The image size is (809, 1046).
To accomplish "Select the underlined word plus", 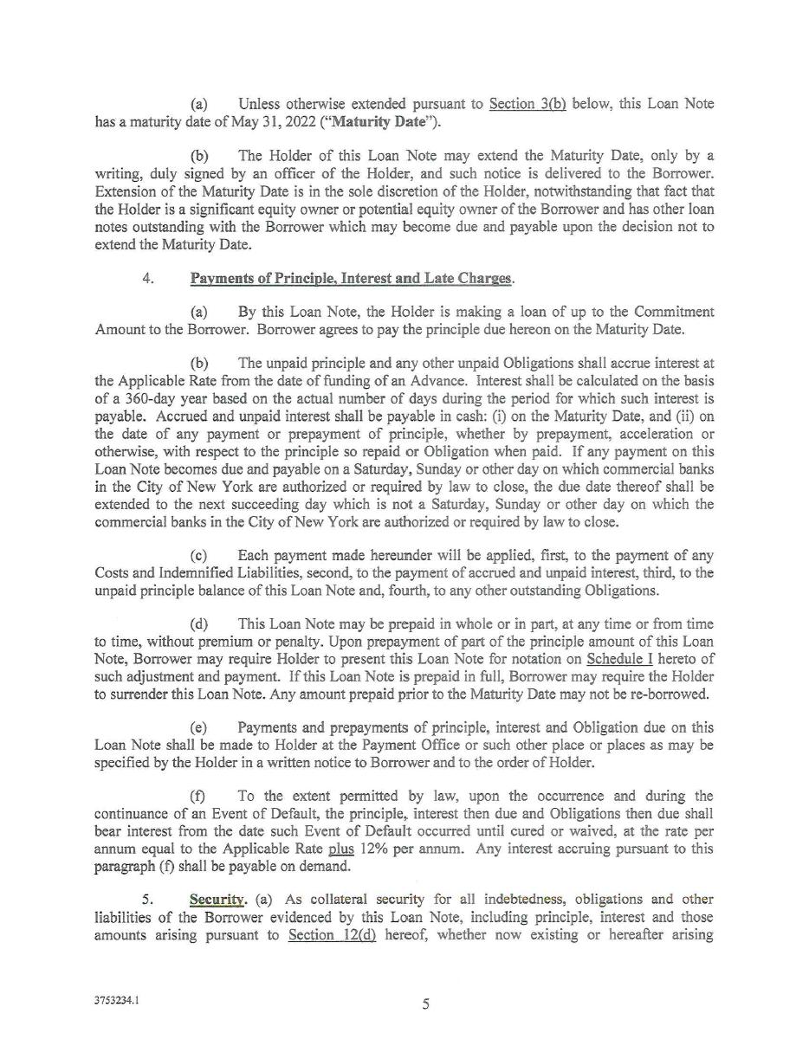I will (x=340, y=849).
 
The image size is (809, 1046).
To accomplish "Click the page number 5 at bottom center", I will (x=425, y=1004).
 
